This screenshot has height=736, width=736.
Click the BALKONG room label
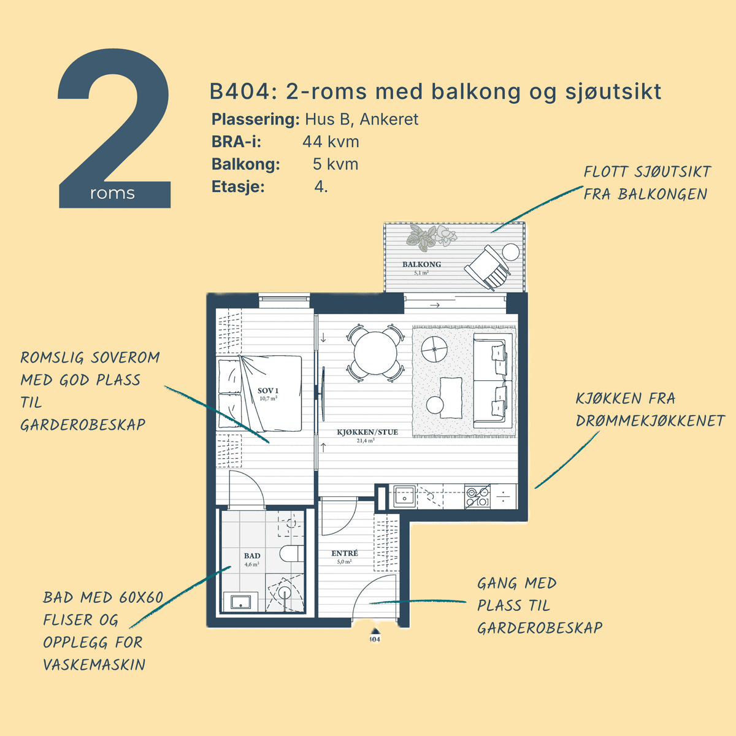click(421, 264)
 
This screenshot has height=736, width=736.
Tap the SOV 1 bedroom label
click(268, 390)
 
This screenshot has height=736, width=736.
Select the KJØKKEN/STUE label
click(367, 432)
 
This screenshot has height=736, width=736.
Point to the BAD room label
click(252, 556)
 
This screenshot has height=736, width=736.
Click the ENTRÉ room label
click(345, 553)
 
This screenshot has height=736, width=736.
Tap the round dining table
click(375, 353)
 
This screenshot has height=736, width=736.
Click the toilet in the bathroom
click(291, 553)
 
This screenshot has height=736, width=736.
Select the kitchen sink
click(404, 497)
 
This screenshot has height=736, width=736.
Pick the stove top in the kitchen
click(477, 497)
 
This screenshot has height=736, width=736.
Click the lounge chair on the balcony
click(488, 268)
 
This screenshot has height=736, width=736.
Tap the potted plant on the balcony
click(431, 237)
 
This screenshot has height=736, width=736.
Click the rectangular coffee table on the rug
click(451, 397)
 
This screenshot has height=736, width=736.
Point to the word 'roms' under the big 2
click(112, 193)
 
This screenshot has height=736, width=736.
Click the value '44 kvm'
click(331, 142)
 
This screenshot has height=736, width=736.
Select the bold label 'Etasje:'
click(238, 187)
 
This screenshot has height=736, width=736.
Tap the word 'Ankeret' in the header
click(389, 119)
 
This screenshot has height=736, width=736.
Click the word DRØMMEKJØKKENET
click(650, 421)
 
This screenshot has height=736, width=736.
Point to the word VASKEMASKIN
click(94, 665)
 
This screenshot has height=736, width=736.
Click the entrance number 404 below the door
click(375, 639)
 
